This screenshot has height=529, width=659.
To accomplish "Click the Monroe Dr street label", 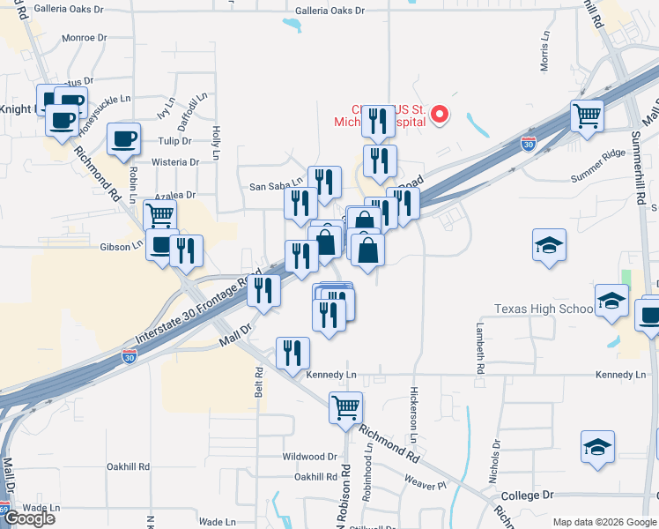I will tap(85, 39).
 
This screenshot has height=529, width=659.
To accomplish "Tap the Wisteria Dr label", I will tap(174, 162).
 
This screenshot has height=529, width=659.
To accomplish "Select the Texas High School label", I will tap(543, 309).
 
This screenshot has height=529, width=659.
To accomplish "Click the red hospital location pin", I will tap(438, 115).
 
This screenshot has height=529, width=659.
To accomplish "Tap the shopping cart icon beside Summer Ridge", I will tap(587, 115).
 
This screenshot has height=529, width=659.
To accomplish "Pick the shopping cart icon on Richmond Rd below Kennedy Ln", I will tap(345, 408).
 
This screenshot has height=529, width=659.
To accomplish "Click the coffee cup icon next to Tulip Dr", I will tap(123, 138).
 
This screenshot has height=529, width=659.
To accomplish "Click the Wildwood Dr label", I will tap(309, 457).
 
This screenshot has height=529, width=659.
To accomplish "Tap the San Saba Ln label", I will tap(276, 186).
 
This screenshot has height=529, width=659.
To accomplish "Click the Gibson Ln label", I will tap(121, 248).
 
